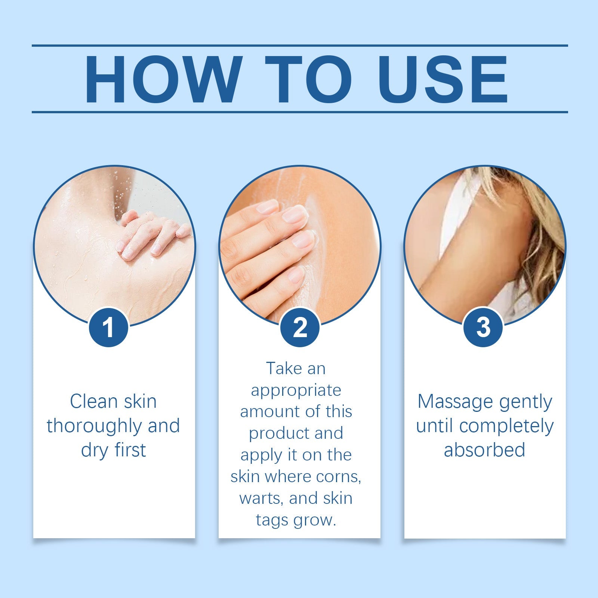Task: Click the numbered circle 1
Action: click(108, 327)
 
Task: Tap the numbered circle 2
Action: click(300, 327)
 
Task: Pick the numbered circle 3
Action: click(483, 327)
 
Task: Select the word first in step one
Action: click(130, 450)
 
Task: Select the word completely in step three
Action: click(506, 426)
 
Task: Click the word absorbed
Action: click(484, 450)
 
